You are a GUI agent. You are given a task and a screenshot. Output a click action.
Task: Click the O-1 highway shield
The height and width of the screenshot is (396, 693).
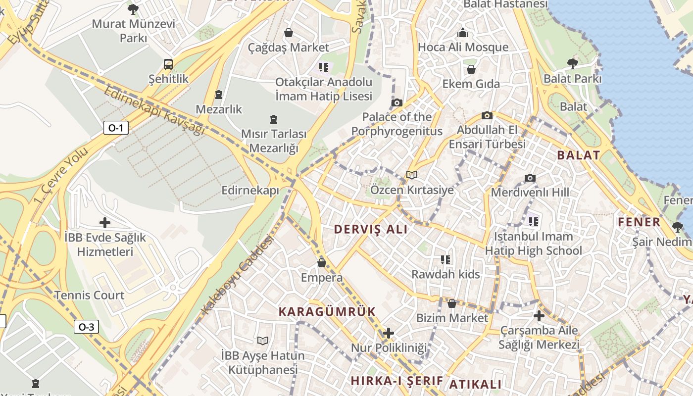pos(115,128)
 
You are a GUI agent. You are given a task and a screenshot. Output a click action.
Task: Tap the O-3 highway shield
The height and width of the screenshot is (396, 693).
pos(86,327)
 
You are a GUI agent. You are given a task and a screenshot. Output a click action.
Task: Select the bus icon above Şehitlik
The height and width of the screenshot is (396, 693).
pos(168,64)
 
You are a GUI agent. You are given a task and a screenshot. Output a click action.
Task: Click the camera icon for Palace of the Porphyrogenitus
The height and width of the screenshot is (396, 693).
pos(396,103)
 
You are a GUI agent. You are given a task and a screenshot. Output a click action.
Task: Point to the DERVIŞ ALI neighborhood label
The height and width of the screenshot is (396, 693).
pos(371,229)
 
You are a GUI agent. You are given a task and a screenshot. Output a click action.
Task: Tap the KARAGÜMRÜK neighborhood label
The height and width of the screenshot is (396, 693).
pos(327,311)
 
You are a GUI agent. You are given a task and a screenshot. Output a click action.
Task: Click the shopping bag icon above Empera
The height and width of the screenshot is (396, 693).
pos(322,263)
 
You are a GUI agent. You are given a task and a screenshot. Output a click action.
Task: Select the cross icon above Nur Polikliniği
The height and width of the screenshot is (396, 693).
pos(389,333)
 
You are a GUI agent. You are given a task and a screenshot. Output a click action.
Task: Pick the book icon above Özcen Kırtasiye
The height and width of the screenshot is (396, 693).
pos(411,175)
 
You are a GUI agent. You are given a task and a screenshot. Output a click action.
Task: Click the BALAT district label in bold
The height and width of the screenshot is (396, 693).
pos(579,155)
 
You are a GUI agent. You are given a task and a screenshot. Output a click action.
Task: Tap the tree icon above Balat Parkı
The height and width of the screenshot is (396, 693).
pos(573,63)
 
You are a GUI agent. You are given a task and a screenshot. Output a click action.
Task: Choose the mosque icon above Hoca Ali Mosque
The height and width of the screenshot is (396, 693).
pos(463,33)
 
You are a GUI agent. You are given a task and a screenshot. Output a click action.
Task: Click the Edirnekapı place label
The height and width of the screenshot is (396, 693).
pos(250,191)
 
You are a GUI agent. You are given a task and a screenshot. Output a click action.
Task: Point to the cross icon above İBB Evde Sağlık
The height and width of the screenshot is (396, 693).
pos(105,223)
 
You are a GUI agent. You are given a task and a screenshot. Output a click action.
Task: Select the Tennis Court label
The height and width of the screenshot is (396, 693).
pos(89,295)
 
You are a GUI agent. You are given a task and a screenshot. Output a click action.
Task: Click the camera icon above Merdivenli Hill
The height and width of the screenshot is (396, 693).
pos(530,178)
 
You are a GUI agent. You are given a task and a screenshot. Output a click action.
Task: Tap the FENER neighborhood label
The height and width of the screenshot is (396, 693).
pos(639,222)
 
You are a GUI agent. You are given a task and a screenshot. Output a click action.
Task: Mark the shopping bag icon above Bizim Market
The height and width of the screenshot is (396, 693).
pos(452,303)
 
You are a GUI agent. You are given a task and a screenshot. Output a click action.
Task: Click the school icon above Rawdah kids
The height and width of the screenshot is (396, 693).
pos(445,259)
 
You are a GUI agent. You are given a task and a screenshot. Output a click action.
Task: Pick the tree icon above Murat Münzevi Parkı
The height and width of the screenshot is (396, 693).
pos(133,9)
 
